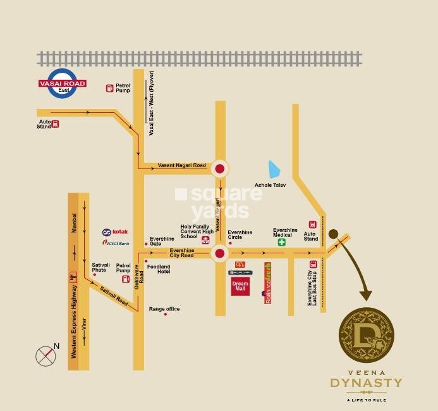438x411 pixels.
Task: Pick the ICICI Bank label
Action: pyautogui.click(x=116, y=243)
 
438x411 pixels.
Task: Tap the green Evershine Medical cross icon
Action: pyautogui.click(x=282, y=242)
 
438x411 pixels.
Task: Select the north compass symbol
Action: pyautogui.click(x=46, y=355)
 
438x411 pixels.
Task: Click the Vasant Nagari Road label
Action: pyautogui.click(x=182, y=166)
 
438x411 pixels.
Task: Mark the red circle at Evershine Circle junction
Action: pyautogui.click(x=219, y=254)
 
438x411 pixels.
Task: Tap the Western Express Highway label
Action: pyautogui.click(x=74, y=322)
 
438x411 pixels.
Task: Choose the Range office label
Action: pyautogui.click(x=164, y=309)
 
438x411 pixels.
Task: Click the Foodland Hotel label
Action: pyautogui.click(x=159, y=269)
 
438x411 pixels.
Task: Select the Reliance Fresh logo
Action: pyautogui.click(x=268, y=283)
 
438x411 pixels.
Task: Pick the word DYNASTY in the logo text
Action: pyautogui.click(x=366, y=383)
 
